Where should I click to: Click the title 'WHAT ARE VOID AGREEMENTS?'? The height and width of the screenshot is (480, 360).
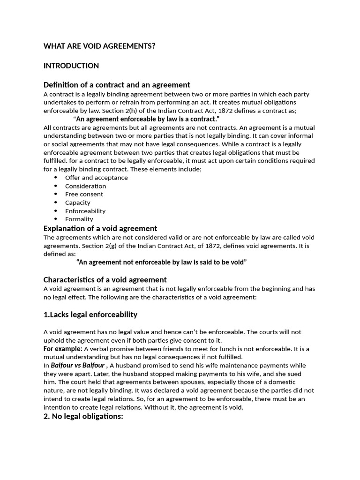(x=99, y=46)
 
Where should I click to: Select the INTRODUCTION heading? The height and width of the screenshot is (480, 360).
(x=71, y=66)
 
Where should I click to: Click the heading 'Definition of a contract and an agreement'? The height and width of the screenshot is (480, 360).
(x=117, y=85)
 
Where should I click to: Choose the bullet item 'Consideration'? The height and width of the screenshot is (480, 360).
(x=85, y=186)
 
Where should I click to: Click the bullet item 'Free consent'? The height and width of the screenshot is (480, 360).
(x=84, y=194)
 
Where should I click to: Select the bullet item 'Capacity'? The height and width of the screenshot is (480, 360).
(x=77, y=202)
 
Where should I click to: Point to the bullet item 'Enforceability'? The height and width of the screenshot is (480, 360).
(x=85, y=211)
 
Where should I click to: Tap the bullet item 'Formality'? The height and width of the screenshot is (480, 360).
(x=79, y=219)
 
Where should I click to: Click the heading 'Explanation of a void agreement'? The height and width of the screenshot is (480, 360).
(x=100, y=228)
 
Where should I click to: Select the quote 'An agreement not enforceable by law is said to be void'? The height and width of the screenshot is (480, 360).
(x=161, y=262)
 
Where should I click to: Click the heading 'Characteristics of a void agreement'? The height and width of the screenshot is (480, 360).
(x=105, y=280)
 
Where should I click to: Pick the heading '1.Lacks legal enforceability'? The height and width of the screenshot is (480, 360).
(x=90, y=314)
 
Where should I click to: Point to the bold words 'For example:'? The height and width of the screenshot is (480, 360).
(x=63, y=349)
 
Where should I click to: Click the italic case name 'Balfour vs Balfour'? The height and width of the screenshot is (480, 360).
(x=77, y=365)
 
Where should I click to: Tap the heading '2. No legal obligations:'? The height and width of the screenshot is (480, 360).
(x=83, y=416)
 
